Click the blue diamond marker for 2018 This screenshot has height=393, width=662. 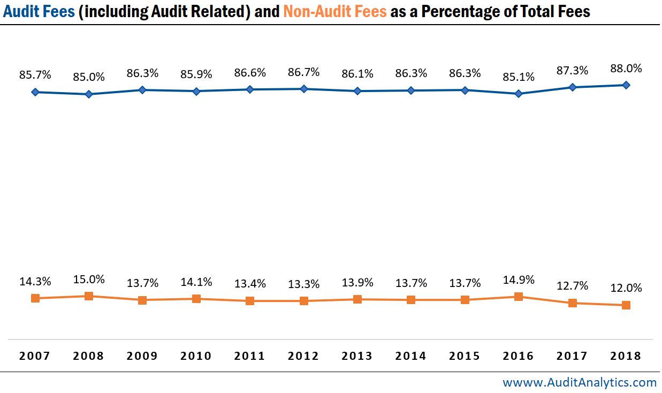point(626,85)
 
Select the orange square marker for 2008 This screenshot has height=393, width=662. point(89,296)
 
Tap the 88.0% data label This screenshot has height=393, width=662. point(626,69)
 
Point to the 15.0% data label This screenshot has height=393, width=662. point(89,279)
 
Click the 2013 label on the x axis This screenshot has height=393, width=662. point(357,356)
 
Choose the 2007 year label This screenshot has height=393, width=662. point(35,356)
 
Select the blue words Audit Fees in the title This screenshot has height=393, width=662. point(39,12)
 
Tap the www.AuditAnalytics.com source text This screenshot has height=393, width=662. point(579,382)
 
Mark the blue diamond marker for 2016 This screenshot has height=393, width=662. point(518,94)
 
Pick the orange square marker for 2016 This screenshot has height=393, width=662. point(518,297)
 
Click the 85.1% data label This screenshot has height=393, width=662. point(518,77)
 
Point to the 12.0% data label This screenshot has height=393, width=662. point(626,288)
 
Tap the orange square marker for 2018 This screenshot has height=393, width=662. point(626,305)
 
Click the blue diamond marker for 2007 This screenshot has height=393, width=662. point(35,92)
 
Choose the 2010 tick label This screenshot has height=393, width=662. point(196,356)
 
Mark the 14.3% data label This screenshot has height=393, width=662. point(35,282)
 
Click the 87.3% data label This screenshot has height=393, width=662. point(572,71)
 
